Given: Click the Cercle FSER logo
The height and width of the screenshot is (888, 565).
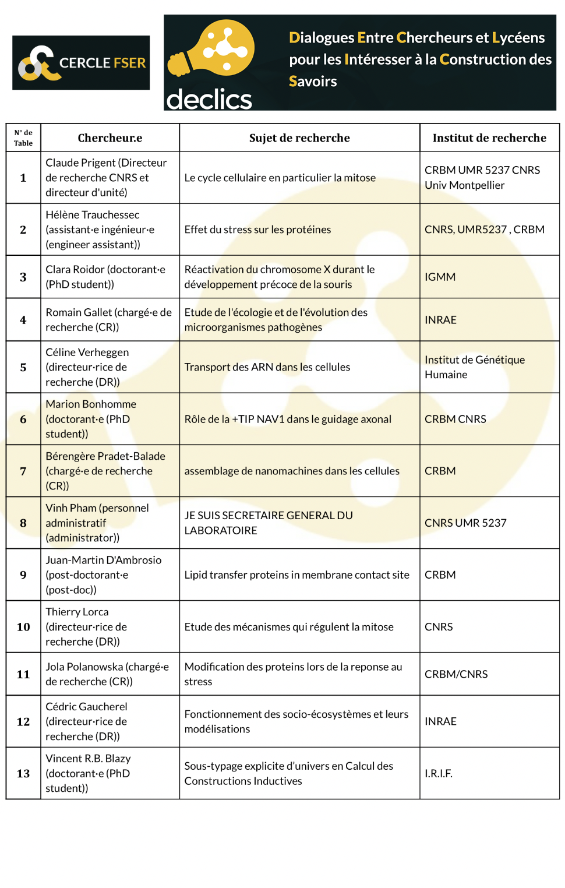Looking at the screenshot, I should (81, 63).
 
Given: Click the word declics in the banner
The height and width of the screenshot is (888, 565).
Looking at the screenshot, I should (209, 99).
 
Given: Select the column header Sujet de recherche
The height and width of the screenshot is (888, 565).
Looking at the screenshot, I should (299, 138).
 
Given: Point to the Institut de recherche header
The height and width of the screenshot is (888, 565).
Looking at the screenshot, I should (489, 138).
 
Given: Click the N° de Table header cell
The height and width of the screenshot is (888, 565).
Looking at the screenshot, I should (23, 138).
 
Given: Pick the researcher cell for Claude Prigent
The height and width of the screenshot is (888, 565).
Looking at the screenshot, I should (110, 178).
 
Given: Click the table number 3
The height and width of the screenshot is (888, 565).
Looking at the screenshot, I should (23, 277).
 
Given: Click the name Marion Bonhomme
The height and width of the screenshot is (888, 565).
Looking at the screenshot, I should (91, 404).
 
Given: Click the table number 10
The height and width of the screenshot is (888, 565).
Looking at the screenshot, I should (23, 627).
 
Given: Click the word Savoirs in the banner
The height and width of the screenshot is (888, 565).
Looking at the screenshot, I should (313, 82).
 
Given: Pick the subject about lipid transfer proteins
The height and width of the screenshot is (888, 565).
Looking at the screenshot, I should (296, 575).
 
